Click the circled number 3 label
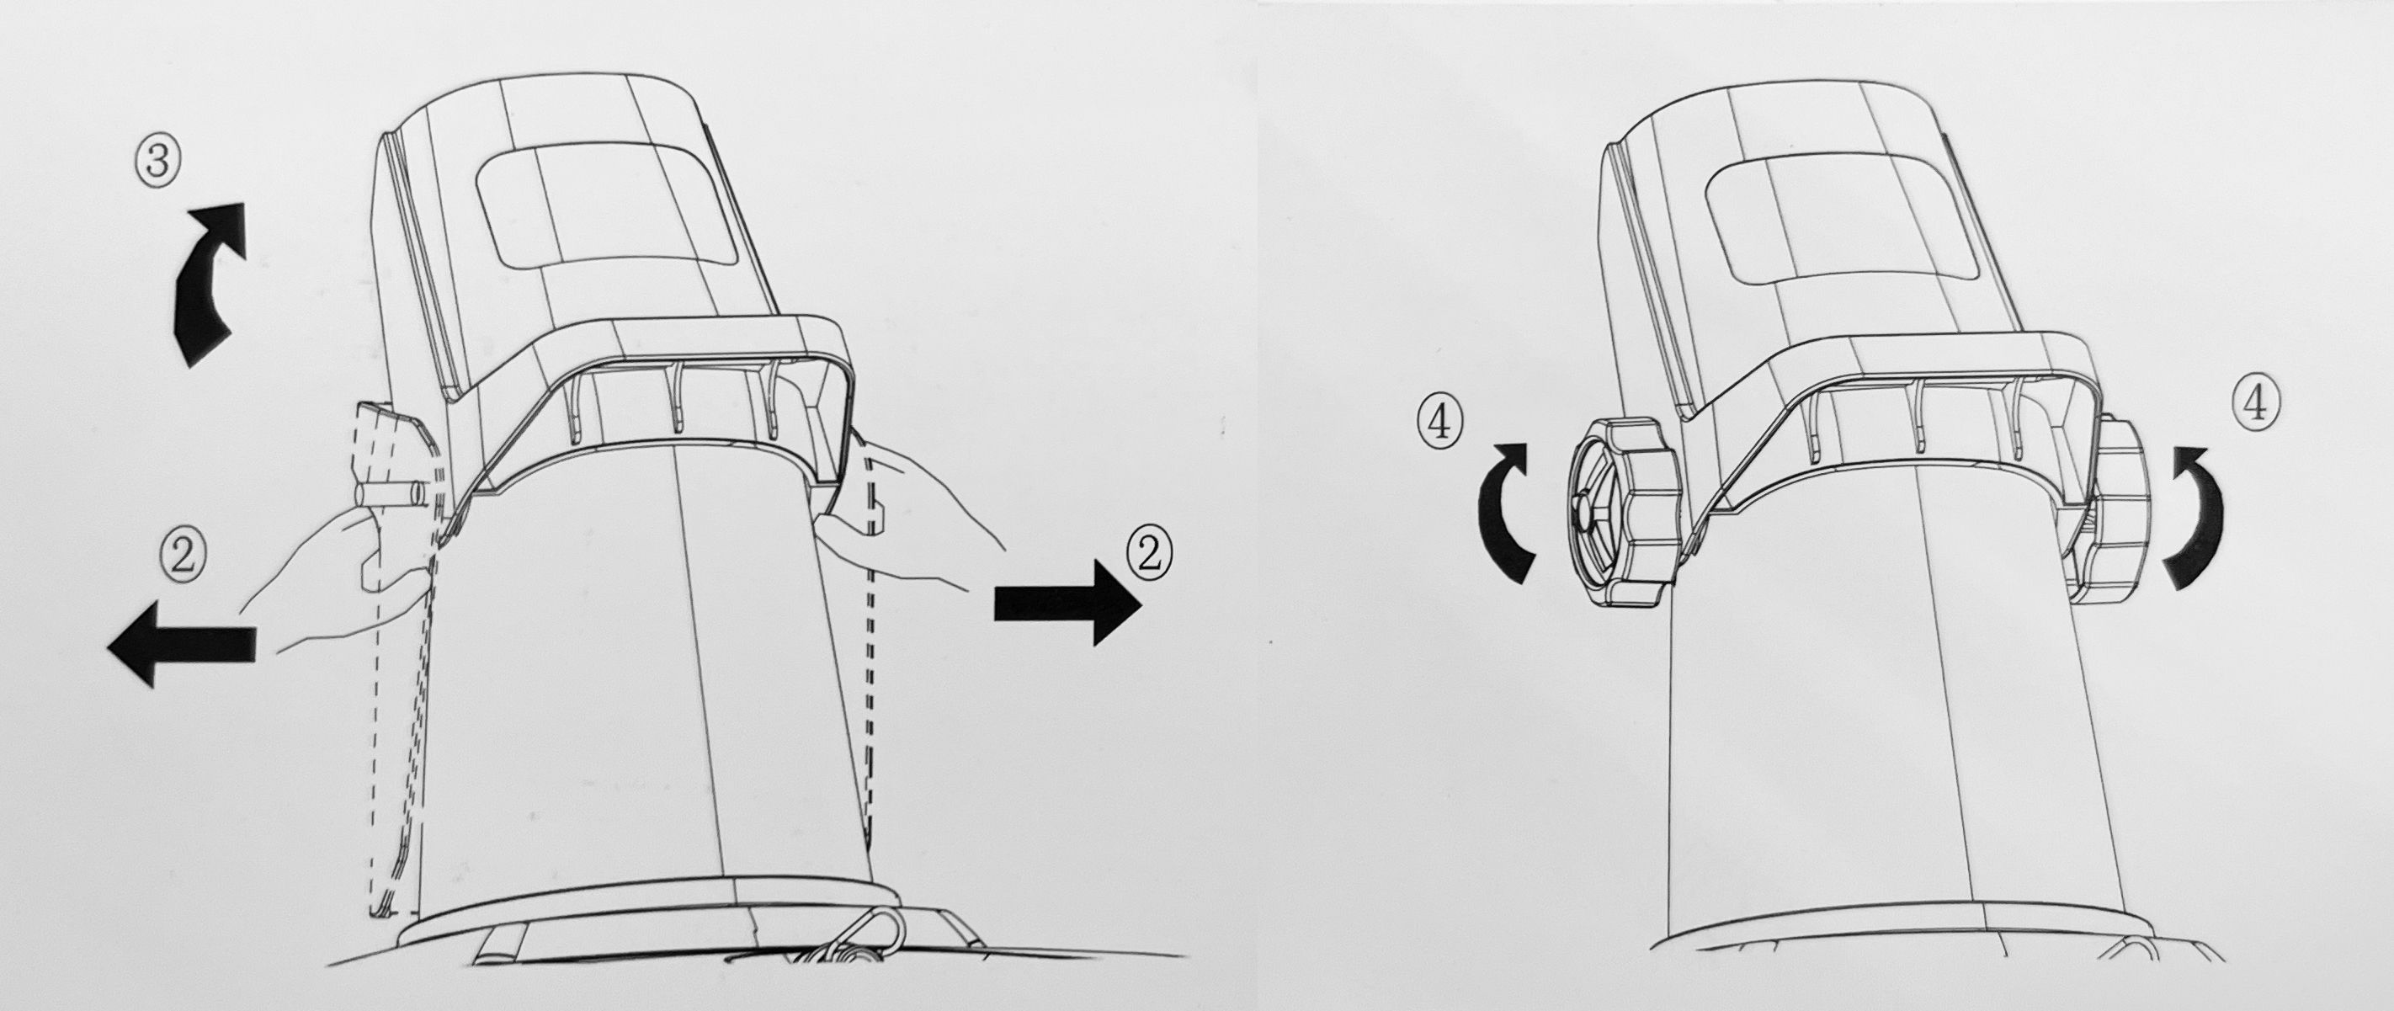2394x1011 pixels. click(x=157, y=161)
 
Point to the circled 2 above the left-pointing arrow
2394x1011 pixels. click(x=184, y=556)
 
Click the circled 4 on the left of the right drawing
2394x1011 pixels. click(x=1439, y=423)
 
